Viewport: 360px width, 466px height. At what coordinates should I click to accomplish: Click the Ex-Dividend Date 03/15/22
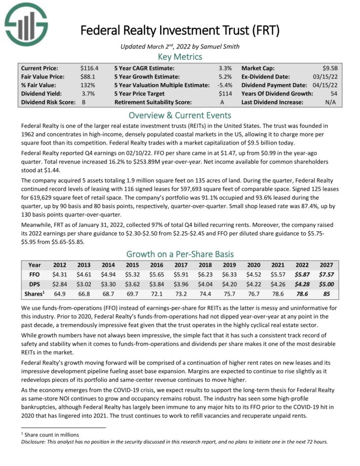[x=328, y=76]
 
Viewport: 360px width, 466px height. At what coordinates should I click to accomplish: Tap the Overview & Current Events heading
[x=179, y=115]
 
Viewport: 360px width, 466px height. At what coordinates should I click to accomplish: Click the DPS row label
[x=34, y=284]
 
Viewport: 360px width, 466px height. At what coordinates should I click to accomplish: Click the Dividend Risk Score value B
[x=84, y=102]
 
